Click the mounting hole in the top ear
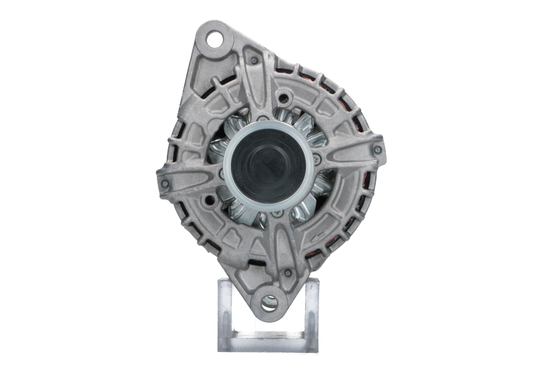[x=216, y=39]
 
